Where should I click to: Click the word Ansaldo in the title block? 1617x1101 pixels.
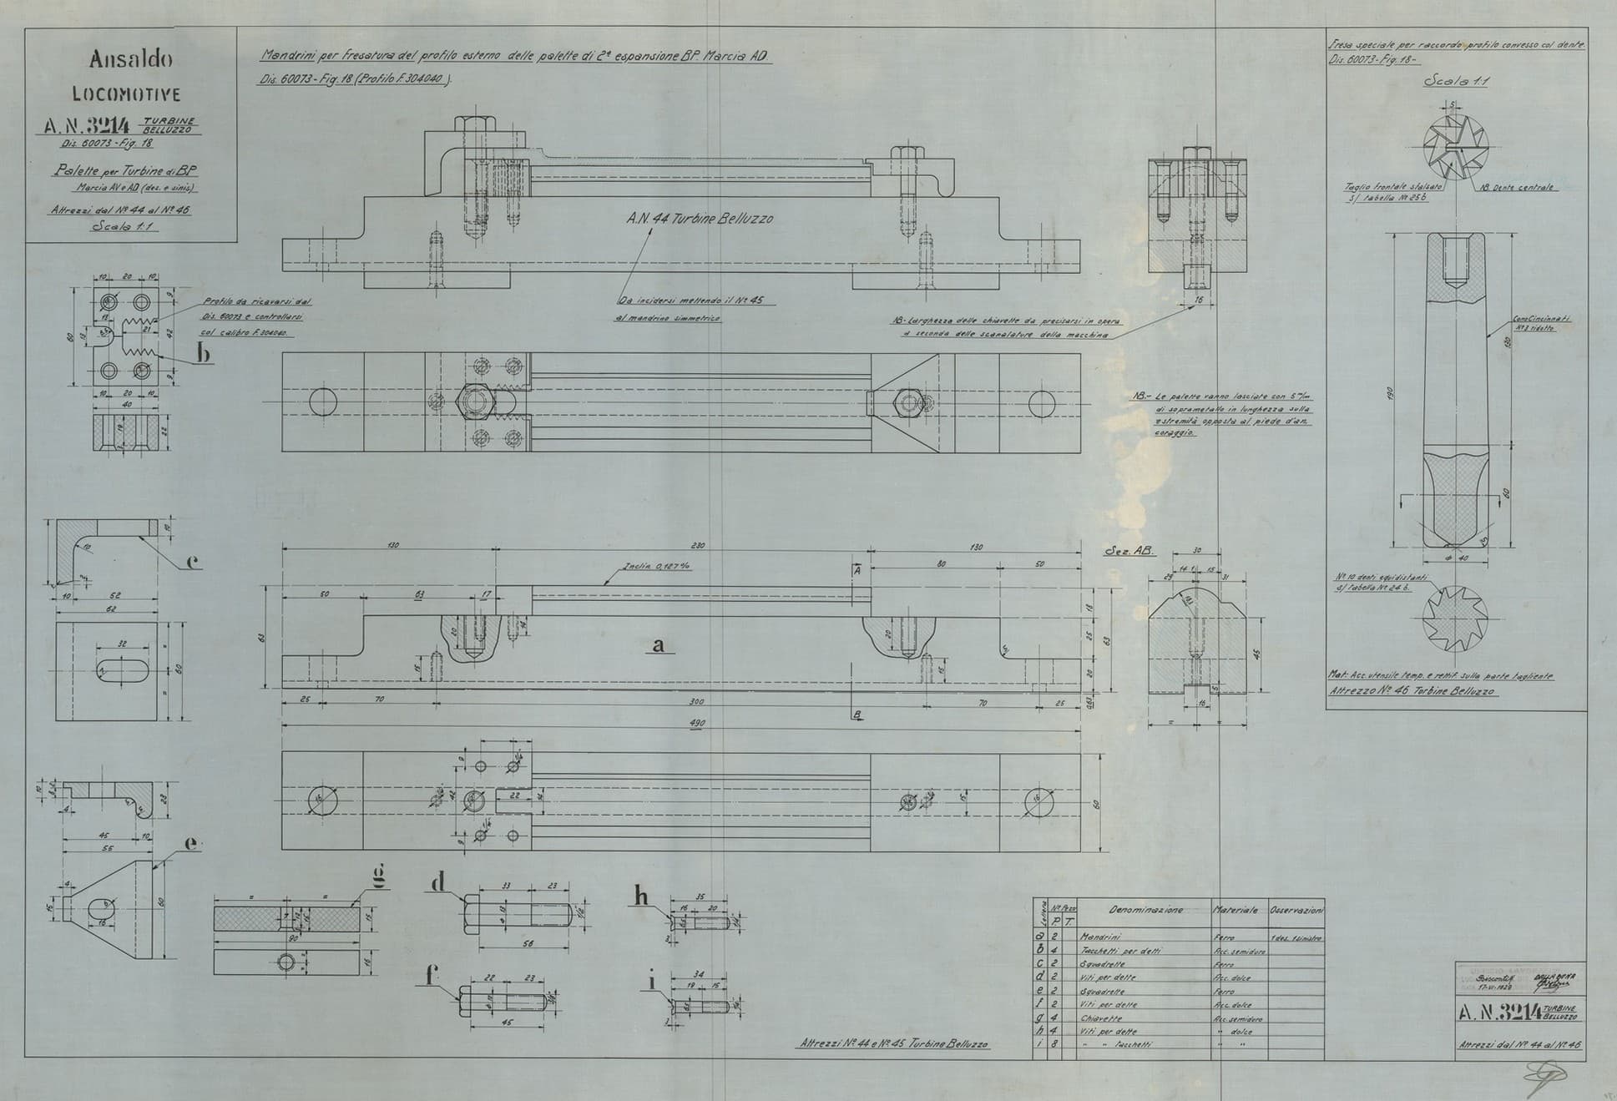(131, 60)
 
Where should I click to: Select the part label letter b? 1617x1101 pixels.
(203, 353)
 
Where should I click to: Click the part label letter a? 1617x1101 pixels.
(659, 644)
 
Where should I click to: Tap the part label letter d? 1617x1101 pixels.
(438, 883)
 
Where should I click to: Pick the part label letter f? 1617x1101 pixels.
(432, 974)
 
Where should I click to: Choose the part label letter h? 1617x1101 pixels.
(641, 896)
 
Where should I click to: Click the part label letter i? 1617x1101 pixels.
(653, 981)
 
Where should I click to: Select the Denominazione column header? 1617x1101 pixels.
(1145, 910)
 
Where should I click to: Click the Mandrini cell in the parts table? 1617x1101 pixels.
(1102, 937)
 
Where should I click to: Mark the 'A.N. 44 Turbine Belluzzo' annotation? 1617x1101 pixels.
(700, 219)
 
